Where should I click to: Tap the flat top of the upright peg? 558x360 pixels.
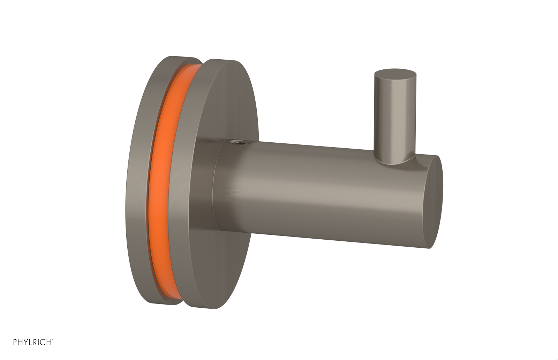pos(395,74)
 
